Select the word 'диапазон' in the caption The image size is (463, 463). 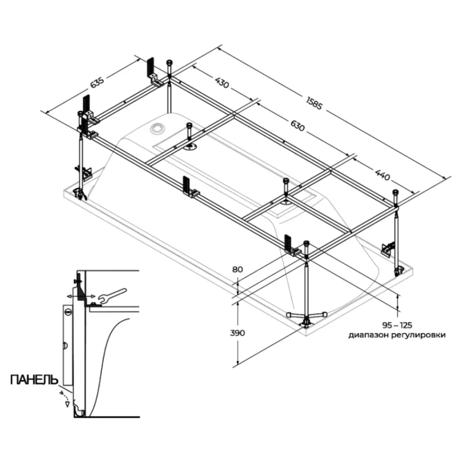[368, 335]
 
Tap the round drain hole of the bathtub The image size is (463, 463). [157, 126]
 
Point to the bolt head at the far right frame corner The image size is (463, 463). [396, 192]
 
